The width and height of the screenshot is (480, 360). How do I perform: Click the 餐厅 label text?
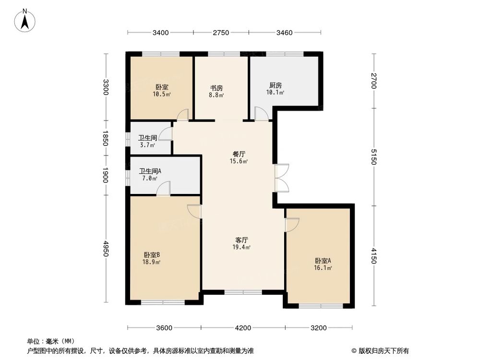[x=239, y=154]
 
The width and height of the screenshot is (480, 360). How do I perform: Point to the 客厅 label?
[x=241, y=240]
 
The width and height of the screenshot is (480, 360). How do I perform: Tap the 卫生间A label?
[x=150, y=170]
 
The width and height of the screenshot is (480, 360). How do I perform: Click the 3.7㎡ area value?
[x=145, y=145]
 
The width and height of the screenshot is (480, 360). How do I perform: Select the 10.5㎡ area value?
[x=162, y=95]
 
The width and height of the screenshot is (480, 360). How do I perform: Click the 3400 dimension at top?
[x=160, y=33]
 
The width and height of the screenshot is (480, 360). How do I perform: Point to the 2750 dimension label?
[x=221, y=33]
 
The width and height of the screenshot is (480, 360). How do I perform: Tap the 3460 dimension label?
[x=285, y=33]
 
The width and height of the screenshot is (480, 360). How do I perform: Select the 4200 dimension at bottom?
[x=243, y=328]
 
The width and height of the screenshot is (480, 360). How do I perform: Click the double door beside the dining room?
[x=281, y=179]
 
